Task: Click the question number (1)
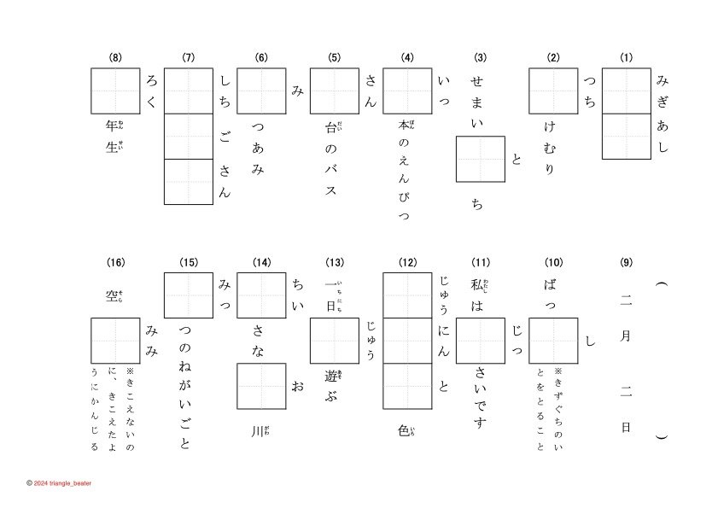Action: (627, 58)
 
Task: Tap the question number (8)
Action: (115, 58)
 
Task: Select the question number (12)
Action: (407, 262)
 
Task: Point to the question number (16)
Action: (115, 262)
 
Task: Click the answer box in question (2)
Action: (553, 91)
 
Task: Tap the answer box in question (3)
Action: (481, 159)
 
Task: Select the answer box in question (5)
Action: (334, 91)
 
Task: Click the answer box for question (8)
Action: (115, 91)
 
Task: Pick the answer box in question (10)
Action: (553, 340)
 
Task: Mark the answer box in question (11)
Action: (481, 340)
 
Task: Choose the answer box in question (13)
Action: (334, 340)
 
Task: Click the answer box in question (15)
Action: (188, 295)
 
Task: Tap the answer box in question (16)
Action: (115, 340)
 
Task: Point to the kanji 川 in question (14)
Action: (258, 429)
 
